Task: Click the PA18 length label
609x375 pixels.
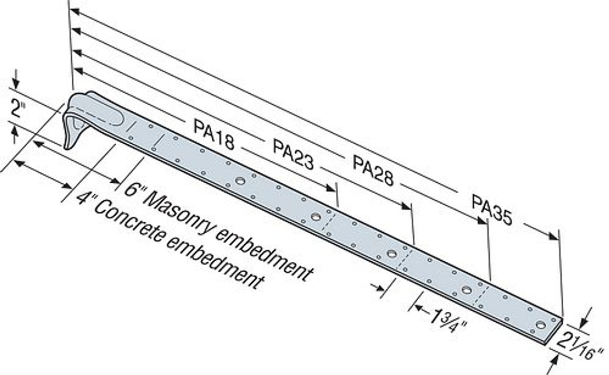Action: pos(214,134)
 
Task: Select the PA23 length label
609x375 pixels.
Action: pos(293,154)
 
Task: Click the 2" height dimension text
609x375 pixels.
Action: pos(19,110)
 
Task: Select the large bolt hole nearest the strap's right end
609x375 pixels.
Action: pos(540,325)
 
